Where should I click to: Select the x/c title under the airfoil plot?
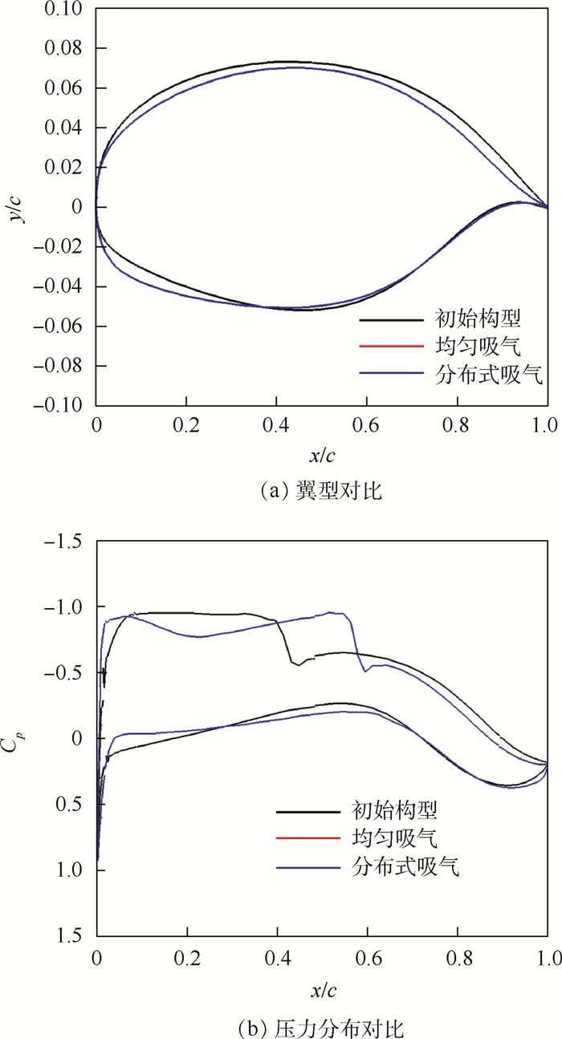coord(322,456)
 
